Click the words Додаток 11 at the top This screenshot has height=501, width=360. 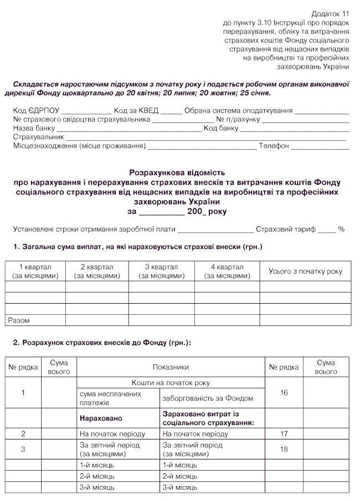[331, 13]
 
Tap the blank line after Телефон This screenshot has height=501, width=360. [320, 147]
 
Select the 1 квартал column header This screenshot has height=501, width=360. [35, 271]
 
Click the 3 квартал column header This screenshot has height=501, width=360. [161, 271]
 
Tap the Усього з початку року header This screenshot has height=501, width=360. [305, 271]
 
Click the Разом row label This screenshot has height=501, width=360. [19, 320]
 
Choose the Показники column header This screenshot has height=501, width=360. [171, 367]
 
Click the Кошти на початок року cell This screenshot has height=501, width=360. [171, 383]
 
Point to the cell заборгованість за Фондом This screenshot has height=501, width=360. [208, 398]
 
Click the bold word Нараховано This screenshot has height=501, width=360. [101, 418]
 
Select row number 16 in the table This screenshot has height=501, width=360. [284, 393]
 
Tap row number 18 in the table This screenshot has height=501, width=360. [284, 449]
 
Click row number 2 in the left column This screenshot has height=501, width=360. [23, 434]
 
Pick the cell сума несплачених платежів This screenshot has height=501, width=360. [110, 398]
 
